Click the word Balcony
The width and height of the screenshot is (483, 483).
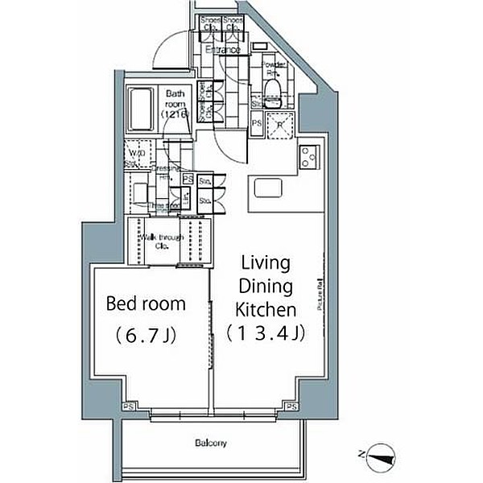tap(210, 443)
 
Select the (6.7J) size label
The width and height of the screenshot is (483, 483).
tap(146, 334)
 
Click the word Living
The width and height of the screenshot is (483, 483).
tap(266, 264)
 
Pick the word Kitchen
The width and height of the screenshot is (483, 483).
tap(266, 309)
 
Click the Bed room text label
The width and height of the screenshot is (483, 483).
tap(147, 303)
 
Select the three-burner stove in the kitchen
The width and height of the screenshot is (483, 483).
tap(310, 158)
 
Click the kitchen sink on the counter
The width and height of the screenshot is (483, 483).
tap(268, 188)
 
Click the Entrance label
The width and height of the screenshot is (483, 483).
tap(222, 50)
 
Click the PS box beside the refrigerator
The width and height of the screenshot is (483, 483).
tap(257, 123)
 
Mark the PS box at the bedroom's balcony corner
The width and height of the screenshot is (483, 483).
tap(129, 407)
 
